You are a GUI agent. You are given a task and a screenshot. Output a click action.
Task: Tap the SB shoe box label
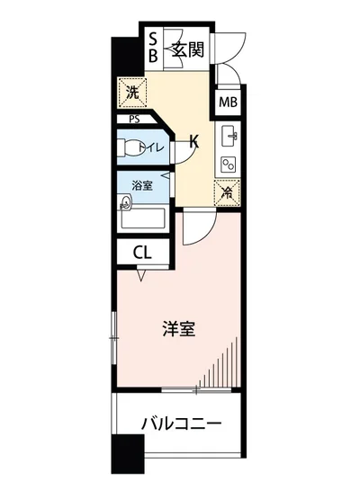tap(153, 48)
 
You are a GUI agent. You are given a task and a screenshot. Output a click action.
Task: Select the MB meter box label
tap(228, 102)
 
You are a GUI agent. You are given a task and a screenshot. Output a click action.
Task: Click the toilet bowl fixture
tap(130, 147)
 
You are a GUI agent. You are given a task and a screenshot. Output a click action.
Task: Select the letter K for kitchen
tap(193, 140)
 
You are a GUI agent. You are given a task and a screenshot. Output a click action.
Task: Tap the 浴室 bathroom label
tap(141, 185)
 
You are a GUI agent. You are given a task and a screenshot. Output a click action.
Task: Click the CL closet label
tap(142, 254)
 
